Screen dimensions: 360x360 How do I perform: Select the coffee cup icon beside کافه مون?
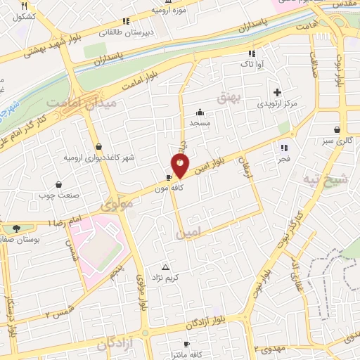click(x=169, y=177)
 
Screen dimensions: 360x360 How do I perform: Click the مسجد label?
click(x=200, y=122)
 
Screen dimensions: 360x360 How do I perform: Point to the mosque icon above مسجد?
click(x=200, y=111)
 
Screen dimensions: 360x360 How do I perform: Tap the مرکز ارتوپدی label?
click(x=277, y=104)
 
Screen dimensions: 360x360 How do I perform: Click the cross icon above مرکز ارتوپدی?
click(x=278, y=92)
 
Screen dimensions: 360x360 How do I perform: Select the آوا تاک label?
click(x=252, y=64)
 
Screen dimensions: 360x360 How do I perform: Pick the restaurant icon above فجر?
click(x=284, y=148)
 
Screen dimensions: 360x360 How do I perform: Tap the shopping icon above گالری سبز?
click(x=338, y=129)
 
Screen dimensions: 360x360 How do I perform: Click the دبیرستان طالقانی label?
click(x=123, y=32)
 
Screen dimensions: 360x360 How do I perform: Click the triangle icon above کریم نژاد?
click(x=166, y=267)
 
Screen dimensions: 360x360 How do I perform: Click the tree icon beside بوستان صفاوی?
click(x=15, y=228)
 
